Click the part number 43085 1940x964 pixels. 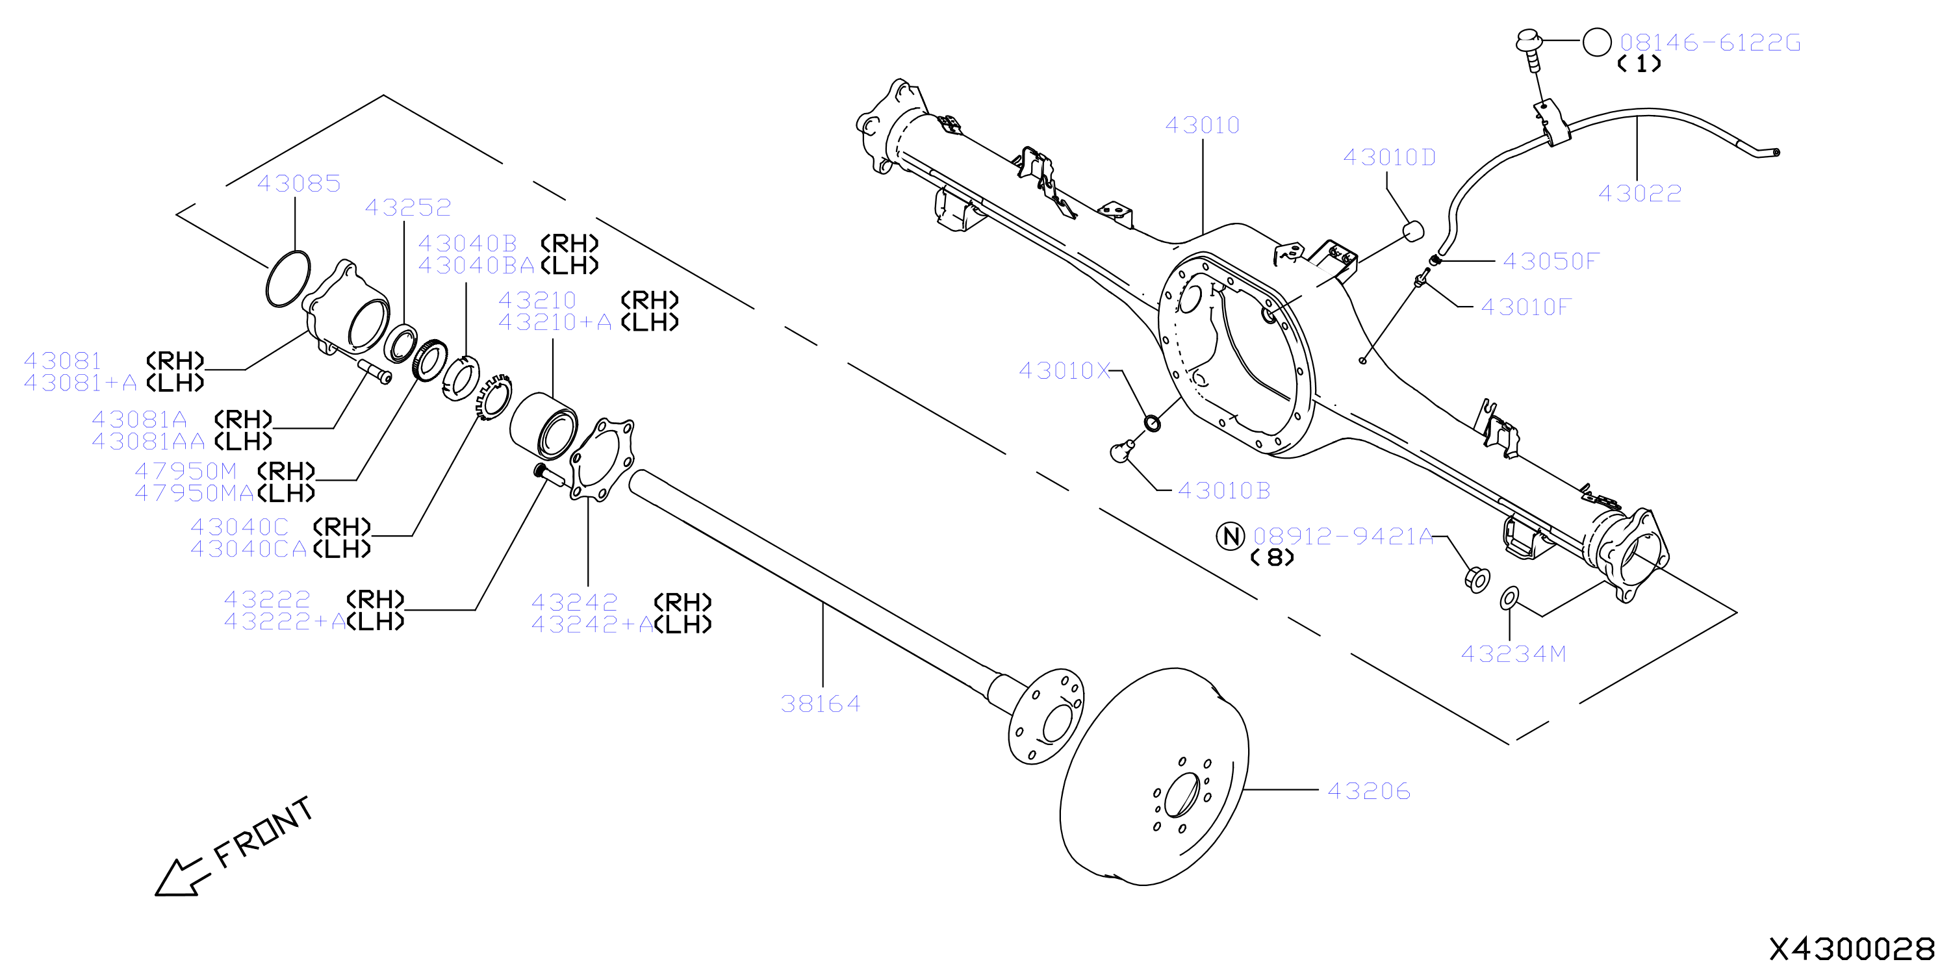tap(299, 184)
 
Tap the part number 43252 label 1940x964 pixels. tap(408, 208)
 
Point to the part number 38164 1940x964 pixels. tap(820, 704)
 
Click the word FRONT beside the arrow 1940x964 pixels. tap(264, 831)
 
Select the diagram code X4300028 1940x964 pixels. tap(1851, 948)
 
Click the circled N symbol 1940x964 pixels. tap(1231, 537)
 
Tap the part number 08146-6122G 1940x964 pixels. tap(1710, 43)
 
